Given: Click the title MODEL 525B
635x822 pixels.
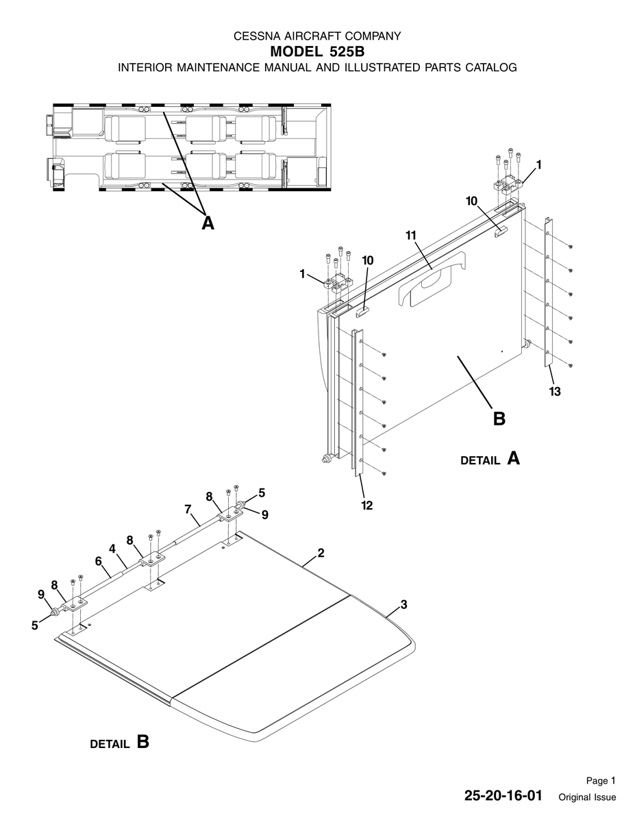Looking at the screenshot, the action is tap(317, 51).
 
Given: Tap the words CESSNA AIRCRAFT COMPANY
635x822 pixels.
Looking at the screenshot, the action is tap(317, 36).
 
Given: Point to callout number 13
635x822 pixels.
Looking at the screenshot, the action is tap(555, 392).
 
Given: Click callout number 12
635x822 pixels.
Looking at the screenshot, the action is tap(367, 506).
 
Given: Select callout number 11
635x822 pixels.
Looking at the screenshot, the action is tap(411, 236).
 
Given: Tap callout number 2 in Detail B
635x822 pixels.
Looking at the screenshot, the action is tap(321, 553).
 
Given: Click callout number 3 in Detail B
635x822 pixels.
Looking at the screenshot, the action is tap(404, 604).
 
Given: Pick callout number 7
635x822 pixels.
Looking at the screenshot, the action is tap(188, 509).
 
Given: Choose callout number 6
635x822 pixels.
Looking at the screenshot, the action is tap(99, 561).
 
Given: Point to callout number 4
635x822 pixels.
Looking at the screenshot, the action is tap(112, 549).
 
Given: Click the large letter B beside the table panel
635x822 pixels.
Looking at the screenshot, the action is tap(499, 419).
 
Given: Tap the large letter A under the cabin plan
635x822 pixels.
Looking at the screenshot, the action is tap(208, 223).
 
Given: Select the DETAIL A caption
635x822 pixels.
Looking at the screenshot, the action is tap(490, 459).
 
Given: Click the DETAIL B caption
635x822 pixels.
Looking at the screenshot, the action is tap(119, 743).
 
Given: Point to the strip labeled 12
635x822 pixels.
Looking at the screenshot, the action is tap(358, 403).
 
